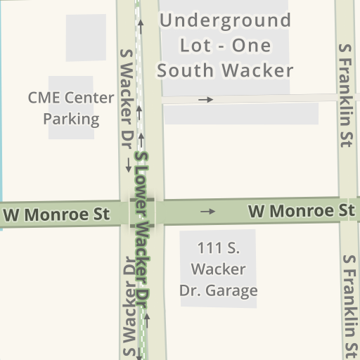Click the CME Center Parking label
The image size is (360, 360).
[x=71, y=108]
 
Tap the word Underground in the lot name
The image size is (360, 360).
[x=225, y=20]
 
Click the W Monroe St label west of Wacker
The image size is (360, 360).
[x=56, y=214]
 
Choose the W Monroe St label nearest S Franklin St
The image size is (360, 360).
[x=301, y=210]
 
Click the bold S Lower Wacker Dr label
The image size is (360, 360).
[x=143, y=225]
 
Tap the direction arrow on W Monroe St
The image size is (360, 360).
[x=207, y=211]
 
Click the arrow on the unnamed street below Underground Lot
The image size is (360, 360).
[x=205, y=100]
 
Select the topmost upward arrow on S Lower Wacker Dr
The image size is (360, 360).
[x=140, y=25]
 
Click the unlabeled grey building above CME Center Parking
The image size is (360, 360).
[x=86, y=37]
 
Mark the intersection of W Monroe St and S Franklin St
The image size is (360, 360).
[x=348, y=210]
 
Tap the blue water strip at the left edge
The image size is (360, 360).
[x=2, y=98]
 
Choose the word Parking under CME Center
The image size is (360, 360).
[x=71, y=118]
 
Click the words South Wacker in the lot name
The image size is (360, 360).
[x=225, y=70]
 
